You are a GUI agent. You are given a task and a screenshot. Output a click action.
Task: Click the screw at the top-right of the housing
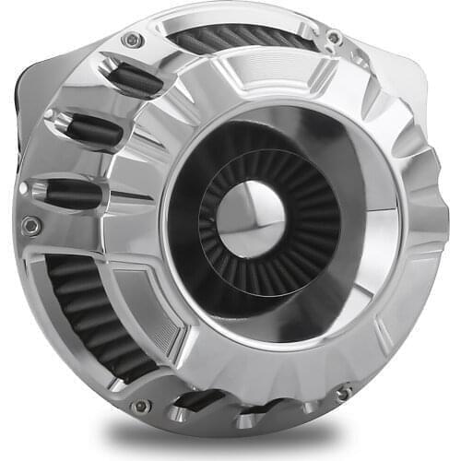335,39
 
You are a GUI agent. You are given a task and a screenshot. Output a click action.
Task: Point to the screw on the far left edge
31,224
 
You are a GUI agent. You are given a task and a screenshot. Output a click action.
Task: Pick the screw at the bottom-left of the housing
140,406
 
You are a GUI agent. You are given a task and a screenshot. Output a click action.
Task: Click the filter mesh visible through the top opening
240,38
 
